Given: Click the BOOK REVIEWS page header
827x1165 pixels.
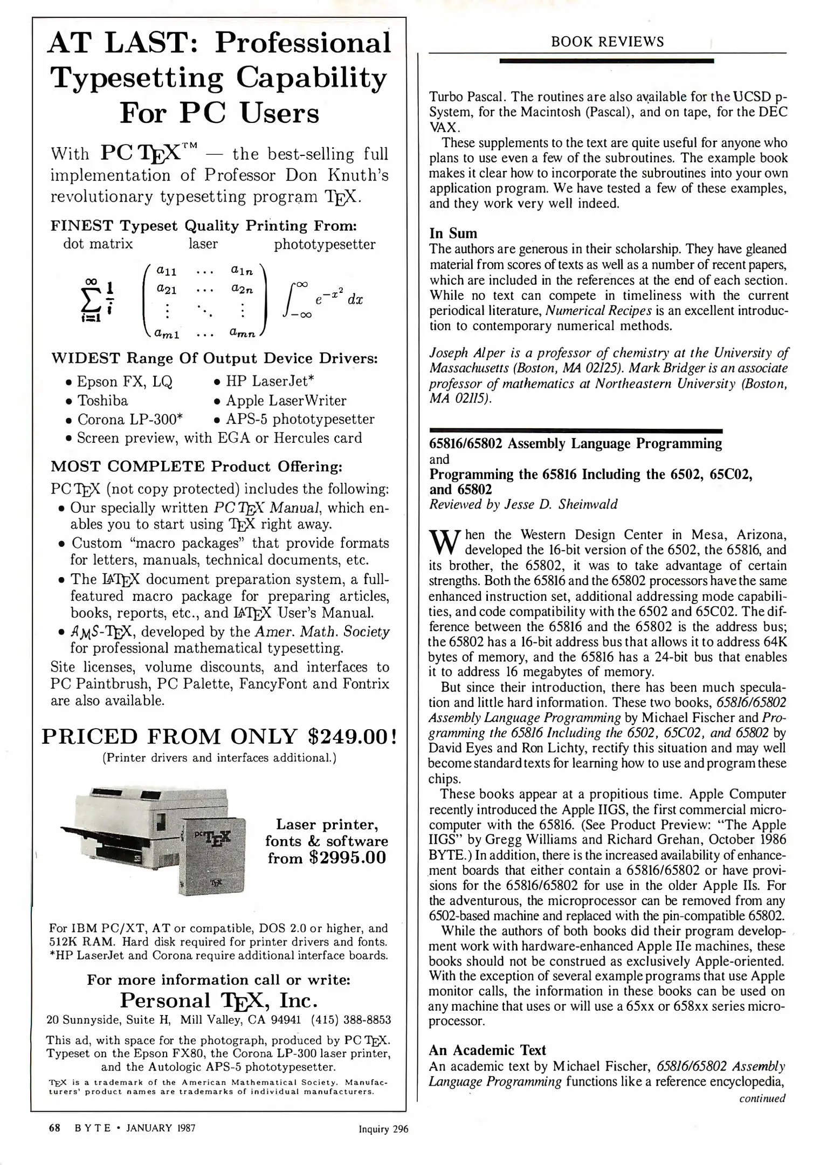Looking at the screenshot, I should (607, 42).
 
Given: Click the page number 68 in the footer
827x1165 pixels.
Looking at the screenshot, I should (54, 1127).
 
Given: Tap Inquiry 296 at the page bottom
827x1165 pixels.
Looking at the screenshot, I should (383, 1129).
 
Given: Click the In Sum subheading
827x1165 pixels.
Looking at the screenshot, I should (453, 233).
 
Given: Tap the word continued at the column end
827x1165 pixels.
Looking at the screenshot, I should (762, 1098).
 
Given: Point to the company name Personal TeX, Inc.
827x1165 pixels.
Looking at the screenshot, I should (218, 1000).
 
